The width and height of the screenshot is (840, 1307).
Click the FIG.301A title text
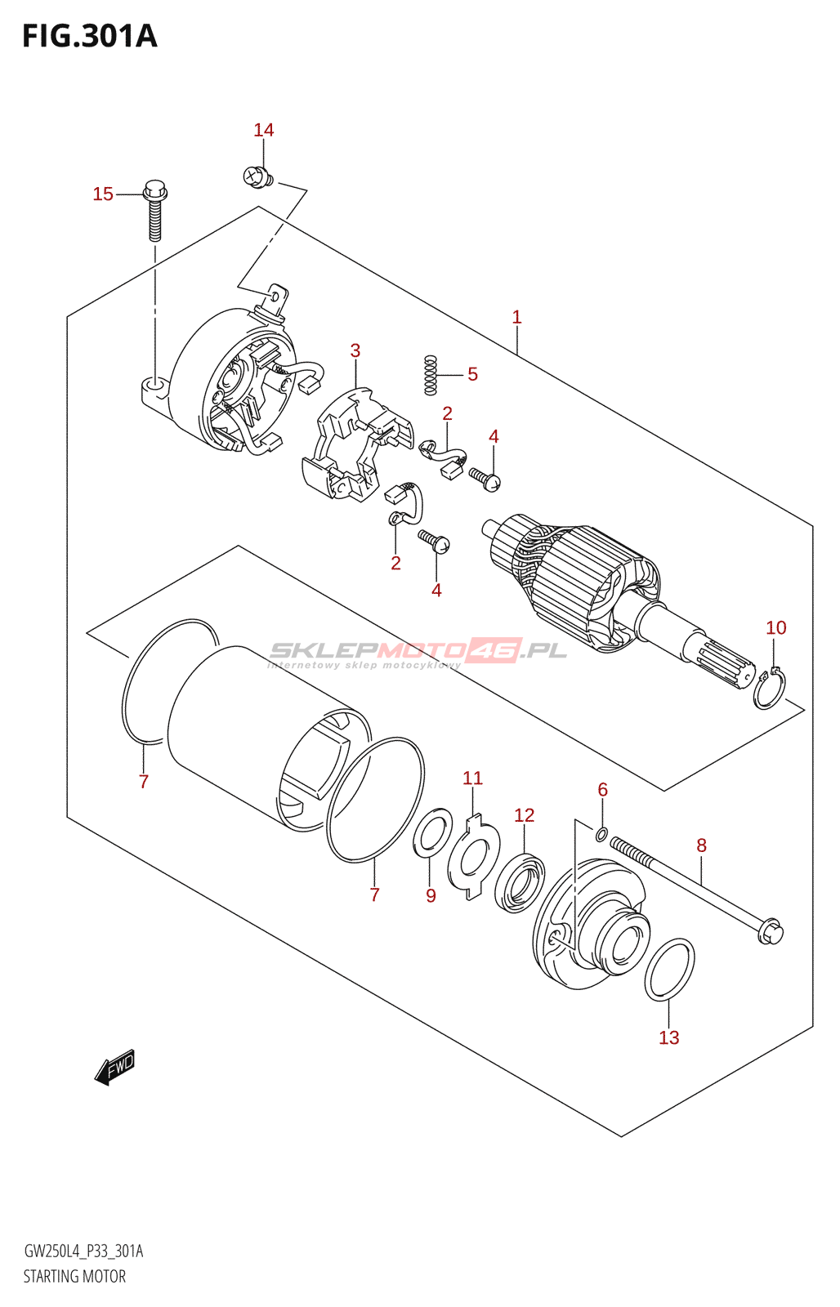click(x=89, y=37)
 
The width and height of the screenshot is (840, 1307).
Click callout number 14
click(x=263, y=130)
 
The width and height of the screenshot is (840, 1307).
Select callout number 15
click(x=103, y=194)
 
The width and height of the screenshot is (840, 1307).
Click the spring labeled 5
click(x=431, y=375)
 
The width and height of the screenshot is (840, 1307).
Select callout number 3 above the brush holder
click(x=355, y=350)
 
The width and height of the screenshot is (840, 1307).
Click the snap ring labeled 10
click(x=769, y=690)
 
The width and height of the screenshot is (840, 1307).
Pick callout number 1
click(x=516, y=317)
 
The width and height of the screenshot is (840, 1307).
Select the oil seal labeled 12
click(x=519, y=882)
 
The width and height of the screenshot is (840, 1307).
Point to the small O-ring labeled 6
click(x=601, y=834)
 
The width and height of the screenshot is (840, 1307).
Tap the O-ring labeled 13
click(x=670, y=970)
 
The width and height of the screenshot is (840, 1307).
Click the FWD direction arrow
click(x=114, y=1067)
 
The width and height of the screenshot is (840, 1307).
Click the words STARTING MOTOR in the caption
click(x=74, y=1276)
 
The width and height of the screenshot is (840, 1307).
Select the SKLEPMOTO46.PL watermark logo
click(x=418, y=652)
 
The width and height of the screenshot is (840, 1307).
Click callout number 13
click(x=668, y=1037)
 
